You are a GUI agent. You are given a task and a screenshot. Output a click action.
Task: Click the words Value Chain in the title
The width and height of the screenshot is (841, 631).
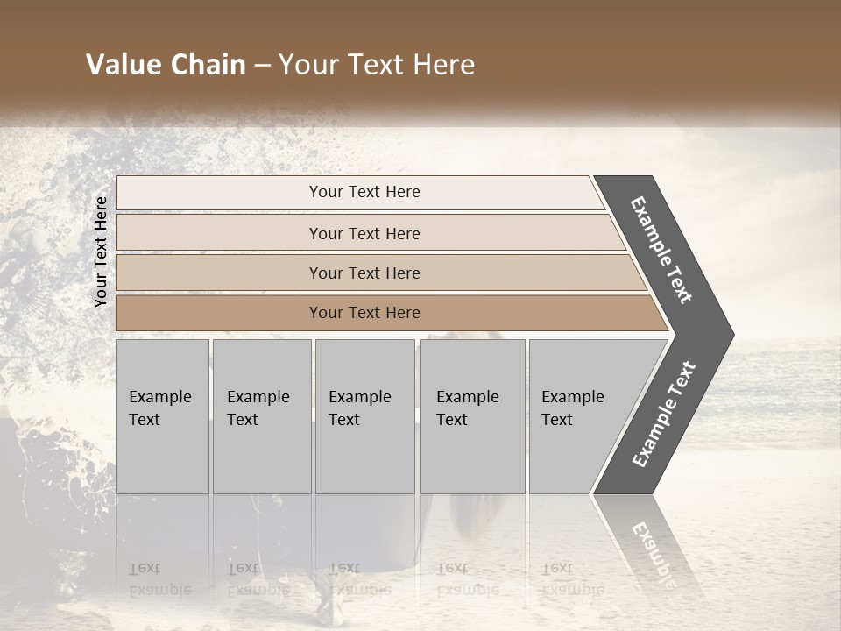166,65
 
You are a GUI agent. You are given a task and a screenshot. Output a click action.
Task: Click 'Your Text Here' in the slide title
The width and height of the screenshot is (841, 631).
377,65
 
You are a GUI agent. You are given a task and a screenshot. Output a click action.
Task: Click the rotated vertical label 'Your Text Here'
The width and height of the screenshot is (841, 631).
101,252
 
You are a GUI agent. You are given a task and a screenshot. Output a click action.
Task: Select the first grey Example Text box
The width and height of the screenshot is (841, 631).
162,416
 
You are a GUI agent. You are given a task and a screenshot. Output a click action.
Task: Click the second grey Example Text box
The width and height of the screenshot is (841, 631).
261,416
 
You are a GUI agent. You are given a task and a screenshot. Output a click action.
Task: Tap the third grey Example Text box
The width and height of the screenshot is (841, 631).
364,416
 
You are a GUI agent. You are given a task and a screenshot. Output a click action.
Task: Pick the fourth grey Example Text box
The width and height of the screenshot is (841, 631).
471,416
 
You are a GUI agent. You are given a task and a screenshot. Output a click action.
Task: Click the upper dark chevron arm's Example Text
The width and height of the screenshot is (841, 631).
661,250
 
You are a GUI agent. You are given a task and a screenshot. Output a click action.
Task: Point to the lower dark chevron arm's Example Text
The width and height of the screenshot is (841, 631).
664,415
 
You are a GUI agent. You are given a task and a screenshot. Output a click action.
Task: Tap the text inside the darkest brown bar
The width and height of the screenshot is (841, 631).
364,313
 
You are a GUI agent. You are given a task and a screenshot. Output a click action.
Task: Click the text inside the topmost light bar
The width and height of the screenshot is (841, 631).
364,192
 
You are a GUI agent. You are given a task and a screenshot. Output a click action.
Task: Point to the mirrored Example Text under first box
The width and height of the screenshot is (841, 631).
160,578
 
